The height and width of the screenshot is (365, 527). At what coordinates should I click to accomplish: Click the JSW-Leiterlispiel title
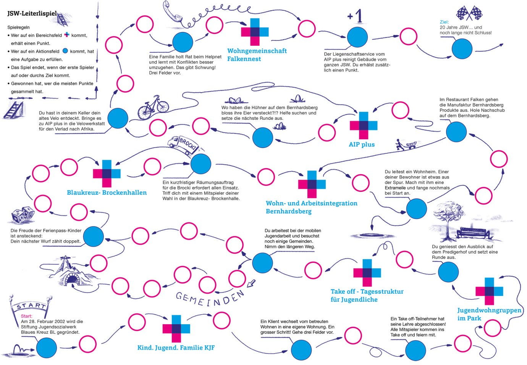(32, 13)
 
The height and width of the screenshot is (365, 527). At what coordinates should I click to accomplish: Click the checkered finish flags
(469, 13)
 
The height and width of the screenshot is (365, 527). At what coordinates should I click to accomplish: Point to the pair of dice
(22, 215)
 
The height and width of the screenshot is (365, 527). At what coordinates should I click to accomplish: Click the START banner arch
(31, 306)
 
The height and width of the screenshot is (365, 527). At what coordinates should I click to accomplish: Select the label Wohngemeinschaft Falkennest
(256, 55)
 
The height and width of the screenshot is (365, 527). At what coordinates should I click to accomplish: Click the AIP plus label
(362, 144)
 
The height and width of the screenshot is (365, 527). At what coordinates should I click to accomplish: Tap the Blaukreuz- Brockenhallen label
(107, 193)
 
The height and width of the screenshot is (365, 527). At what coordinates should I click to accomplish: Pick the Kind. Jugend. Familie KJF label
(176, 347)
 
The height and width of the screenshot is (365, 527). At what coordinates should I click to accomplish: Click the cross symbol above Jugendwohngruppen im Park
(489, 291)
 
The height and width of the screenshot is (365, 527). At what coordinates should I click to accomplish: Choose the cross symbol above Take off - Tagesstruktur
(367, 272)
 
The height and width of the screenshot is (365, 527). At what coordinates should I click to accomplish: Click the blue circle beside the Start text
(47, 347)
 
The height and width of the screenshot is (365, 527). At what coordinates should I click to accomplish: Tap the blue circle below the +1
(357, 37)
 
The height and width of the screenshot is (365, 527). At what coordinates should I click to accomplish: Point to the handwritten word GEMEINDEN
(210, 298)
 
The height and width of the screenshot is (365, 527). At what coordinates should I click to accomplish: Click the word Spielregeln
(18, 27)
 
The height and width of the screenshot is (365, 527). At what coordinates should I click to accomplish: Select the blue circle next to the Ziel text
(462, 49)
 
